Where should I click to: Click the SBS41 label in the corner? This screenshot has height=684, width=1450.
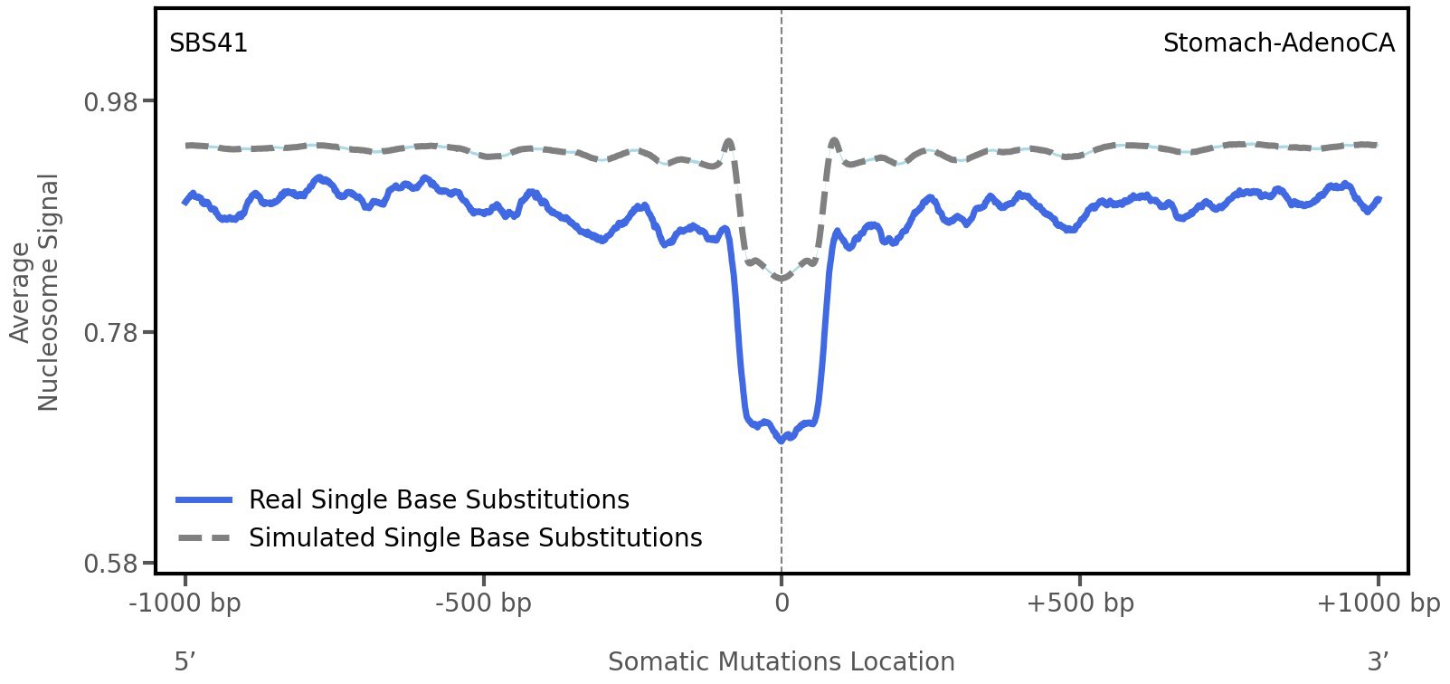pyautogui.click(x=208, y=43)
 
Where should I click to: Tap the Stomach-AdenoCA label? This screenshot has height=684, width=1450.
pyautogui.click(x=1278, y=43)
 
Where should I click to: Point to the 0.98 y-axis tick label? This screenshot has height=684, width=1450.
pyautogui.click(x=110, y=101)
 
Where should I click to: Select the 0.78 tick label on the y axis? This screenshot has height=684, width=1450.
pyautogui.click(x=110, y=333)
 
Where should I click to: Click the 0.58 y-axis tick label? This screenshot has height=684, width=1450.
pyautogui.click(x=110, y=564)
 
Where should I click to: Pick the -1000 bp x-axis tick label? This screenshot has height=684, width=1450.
pyautogui.click(x=185, y=603)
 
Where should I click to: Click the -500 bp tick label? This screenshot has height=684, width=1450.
pyautogui.click(x=483, y=603)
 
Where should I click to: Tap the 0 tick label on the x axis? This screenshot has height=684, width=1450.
pyautogui.click(x=782, y=603)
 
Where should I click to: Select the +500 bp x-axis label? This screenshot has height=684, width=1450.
pyautogui.click(x=1080, y=603)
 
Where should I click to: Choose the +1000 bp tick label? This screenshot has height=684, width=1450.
pyautogui.click(x=1378, y=603)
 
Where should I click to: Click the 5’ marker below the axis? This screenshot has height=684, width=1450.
pyautogui.click(x=185, y=661)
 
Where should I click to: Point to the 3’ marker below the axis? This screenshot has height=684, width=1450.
pyautogui.click(x=1378, y=661)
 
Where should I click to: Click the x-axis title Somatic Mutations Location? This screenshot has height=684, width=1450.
pyautogui.click(x=782, y=661)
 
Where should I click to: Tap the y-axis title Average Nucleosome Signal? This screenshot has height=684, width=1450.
pyautogui.click(x=34, y=292)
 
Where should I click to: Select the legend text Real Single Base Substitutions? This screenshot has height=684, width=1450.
pyautogui.click(x=439, y=500)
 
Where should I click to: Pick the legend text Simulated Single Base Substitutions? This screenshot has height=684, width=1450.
pyautogui.click(x=475, y=538)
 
